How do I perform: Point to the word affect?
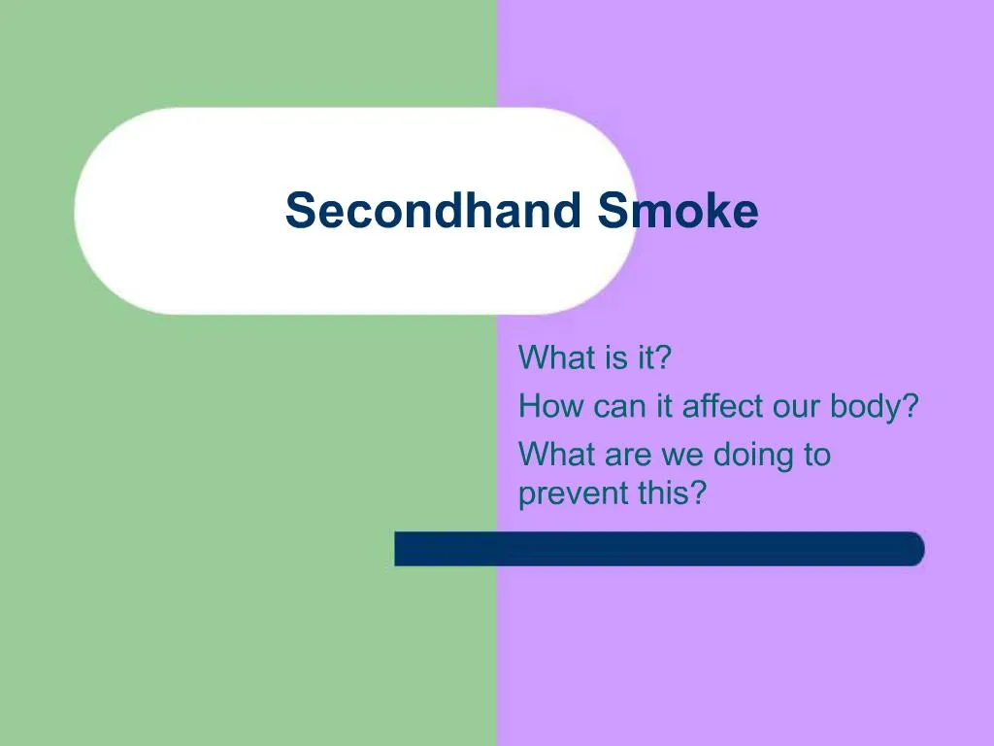pos(722,406)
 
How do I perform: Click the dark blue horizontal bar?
pos(659,549)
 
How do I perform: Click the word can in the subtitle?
pos(619,406)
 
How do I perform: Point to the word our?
pos(796,406)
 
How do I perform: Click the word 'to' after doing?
pos(816,455)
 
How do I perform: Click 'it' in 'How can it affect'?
pos(664,406)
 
